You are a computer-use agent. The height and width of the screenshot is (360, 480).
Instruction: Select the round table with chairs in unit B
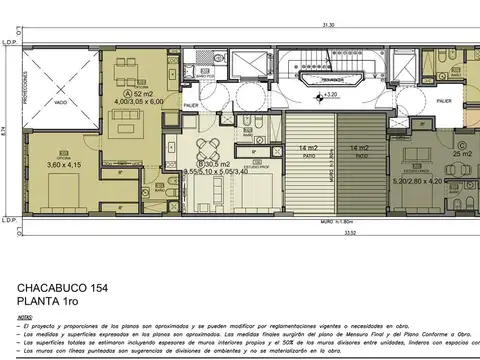pyautogui.click(x=209, y=150)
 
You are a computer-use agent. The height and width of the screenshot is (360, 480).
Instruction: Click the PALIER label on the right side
pyautogui.click(x=443, y=100)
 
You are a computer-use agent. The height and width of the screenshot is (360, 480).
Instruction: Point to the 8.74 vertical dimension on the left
pyautogui.click(x=5, y=130)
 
